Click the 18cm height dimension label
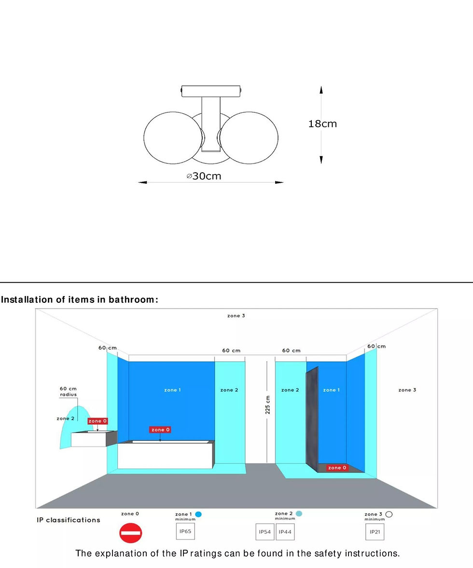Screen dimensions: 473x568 322,124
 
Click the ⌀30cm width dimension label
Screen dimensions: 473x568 204,176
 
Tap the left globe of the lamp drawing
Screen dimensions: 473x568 173,137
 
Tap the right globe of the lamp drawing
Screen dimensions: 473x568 249,137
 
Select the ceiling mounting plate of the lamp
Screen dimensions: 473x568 211,91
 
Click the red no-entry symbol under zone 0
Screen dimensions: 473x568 131,533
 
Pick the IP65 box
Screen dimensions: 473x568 185,531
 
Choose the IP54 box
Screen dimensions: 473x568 265,532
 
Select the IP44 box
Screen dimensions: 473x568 285,532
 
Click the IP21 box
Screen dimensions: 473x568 375,532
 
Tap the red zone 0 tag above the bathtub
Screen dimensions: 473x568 160,430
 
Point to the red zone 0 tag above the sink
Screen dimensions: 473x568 97,421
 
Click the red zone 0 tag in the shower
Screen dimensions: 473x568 337,468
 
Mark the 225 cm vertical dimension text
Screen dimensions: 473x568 267,405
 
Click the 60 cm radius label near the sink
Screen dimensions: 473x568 68,392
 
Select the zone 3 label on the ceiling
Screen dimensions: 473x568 236,315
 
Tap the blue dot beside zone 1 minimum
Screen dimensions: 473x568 198,514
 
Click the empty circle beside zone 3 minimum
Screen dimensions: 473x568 389,514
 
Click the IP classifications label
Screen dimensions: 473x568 68,520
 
